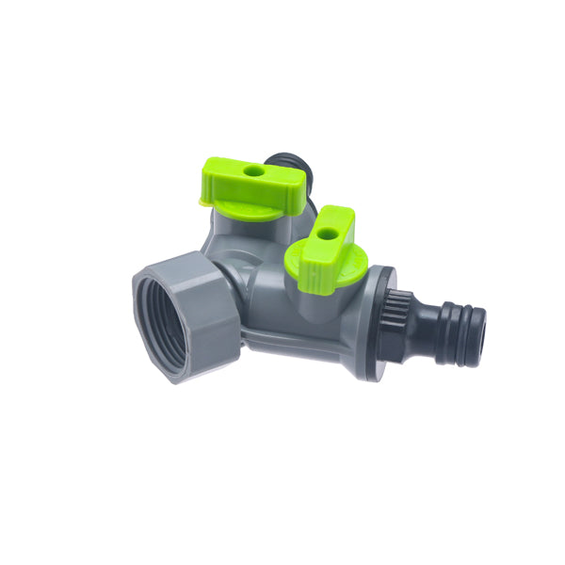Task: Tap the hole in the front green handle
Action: [x=326, y=232]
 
